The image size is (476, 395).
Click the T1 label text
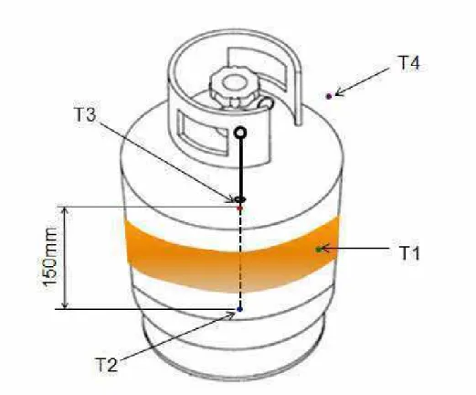pyautogui.click(x=409, y=253)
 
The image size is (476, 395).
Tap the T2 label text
pyautogui.click(x=107, y=365)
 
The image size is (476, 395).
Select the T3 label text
pyautogui.click(x=85, y=114)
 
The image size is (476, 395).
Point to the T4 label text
pyautogui.click(x=408, y=63)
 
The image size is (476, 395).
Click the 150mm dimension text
pyautogui.click(x=49, y=258)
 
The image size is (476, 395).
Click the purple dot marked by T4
pyautogui.click(x=329, y=96)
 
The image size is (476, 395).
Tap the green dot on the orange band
pyautogui.click(x=319, y=250)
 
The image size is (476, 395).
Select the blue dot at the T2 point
pyautogui.click(x=240, y=309)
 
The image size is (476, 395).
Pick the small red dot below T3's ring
pyautogui.click(x=240, y=208)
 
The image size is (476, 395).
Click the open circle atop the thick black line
pyautogui.click(x=240, y=133)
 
